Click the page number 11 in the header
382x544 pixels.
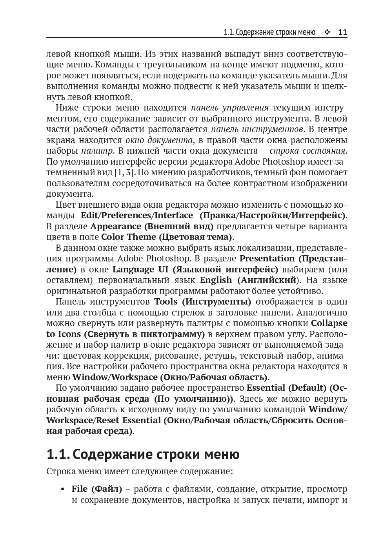click(x=342, y=32)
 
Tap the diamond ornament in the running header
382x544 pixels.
click(x=327, y=33)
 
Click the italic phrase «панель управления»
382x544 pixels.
click(x=230, y=108)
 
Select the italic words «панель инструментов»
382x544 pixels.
click(x=257, y=129)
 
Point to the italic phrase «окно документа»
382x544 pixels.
click(x=159, y=140)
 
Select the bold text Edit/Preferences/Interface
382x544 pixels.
click(x=137, y=216)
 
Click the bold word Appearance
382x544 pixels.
click(x=116, y=226)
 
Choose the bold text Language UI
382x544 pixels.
click(x=140, y=270)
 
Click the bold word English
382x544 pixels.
click(x=216, y=280)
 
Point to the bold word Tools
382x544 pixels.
click(x=166, y=302)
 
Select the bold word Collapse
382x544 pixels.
click(x=329, y=323)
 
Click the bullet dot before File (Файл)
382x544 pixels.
click(x=63, y=490)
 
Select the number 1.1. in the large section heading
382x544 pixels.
click(x=58, y=455)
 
